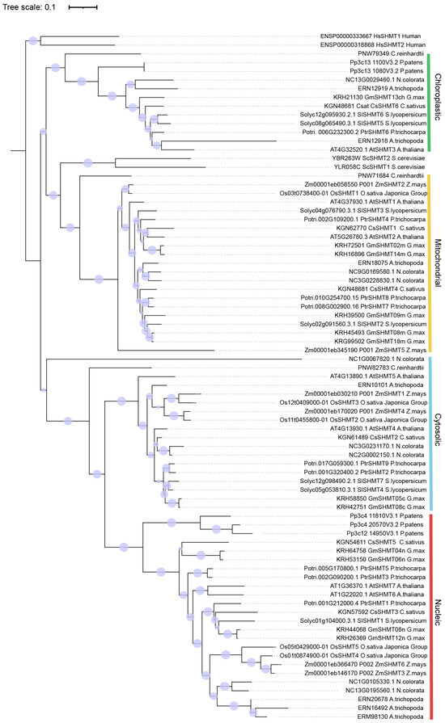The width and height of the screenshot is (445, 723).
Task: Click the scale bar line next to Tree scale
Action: click(83, 6)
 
